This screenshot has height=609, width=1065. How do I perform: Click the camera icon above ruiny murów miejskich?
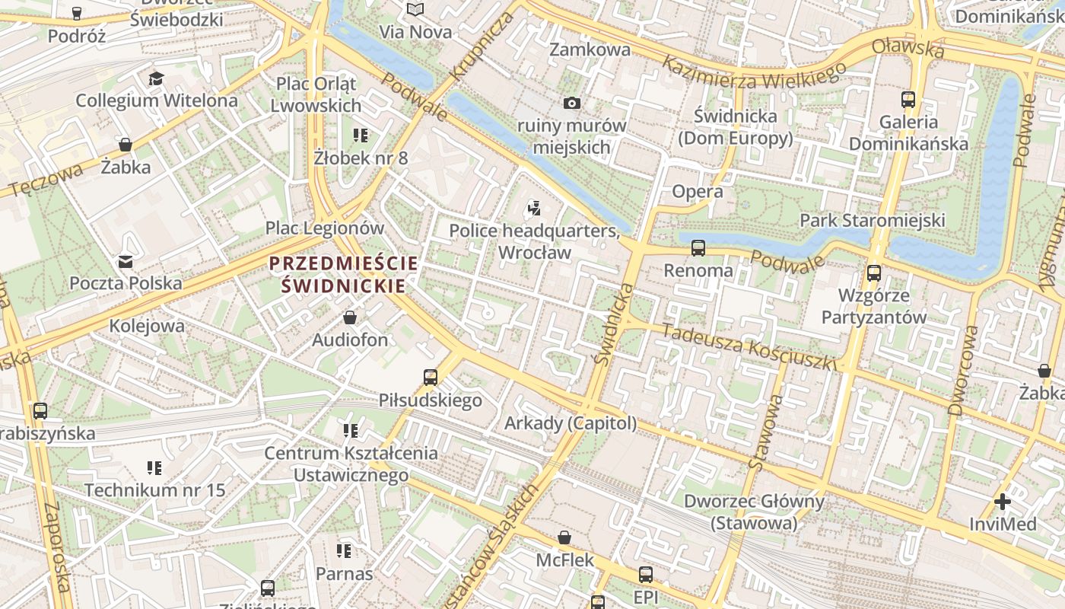[572, 103]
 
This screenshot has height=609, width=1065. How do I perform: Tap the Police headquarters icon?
[534, 208]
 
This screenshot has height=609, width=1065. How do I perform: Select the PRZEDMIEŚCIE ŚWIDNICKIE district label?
[343, 275]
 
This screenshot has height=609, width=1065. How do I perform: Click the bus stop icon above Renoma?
[698, 248]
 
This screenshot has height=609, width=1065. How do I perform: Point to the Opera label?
[698, 192]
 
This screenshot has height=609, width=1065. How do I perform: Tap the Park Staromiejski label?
[872, 221]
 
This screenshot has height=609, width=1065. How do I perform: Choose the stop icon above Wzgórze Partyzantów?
[874, 273]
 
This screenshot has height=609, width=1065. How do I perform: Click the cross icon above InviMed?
[1003, 502]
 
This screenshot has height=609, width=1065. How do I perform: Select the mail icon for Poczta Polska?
[126, 262]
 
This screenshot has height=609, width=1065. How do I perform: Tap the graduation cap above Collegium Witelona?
[156, 78]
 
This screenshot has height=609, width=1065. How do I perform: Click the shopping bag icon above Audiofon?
[350, 317]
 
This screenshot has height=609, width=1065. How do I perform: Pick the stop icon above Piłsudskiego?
[431, 378]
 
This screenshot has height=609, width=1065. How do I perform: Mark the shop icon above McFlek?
[564, 538]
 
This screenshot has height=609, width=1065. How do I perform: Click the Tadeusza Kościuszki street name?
[749, 347]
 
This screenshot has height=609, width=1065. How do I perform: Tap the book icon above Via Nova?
[415, 10]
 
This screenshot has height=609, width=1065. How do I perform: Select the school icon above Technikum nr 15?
[154, 467]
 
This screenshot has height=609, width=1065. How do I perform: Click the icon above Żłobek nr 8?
[361, 136]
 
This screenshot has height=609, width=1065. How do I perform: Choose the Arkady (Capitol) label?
[571, 423]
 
